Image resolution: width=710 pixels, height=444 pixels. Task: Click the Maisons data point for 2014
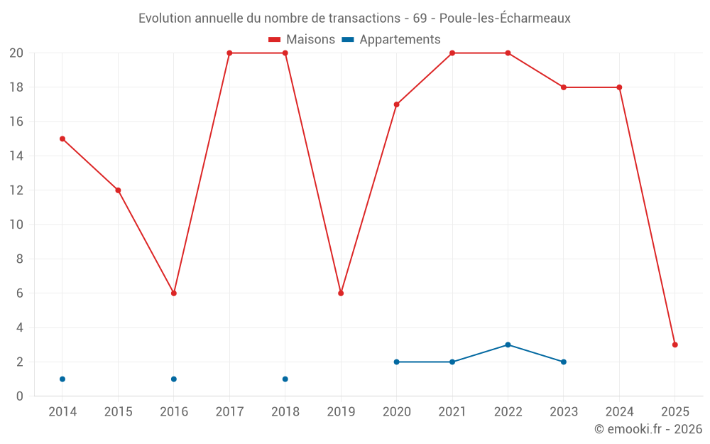point(62,139)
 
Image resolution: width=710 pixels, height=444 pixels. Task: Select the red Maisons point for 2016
point(174,293)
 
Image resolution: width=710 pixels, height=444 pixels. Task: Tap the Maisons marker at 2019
point(341,293)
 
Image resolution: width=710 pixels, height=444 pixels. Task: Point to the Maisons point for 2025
point(675,345)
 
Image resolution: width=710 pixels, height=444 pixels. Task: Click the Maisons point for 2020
point(397,104)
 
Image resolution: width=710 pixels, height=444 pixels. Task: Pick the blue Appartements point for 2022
point(508,345)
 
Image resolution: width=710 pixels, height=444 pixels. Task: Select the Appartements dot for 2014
point(62,379)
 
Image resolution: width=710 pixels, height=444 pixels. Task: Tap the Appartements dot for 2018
point(285,379)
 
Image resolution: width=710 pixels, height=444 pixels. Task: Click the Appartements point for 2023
point(564,362)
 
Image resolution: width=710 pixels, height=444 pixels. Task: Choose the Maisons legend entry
point(302,40)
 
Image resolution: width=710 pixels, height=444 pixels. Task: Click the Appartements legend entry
point(391,40)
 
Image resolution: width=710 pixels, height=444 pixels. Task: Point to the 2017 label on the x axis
point(229,412)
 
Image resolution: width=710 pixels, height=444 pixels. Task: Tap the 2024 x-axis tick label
point(619,412)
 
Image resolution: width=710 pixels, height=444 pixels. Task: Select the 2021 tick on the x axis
point(452,412)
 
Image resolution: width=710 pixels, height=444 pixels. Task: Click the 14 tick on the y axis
point(16,156)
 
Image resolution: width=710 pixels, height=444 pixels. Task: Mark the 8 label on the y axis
point(20,259)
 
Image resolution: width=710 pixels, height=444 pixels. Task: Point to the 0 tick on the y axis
point(20,396)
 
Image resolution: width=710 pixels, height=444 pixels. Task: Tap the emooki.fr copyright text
point(648,429)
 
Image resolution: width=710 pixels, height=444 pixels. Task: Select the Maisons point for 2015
point(118,190)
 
